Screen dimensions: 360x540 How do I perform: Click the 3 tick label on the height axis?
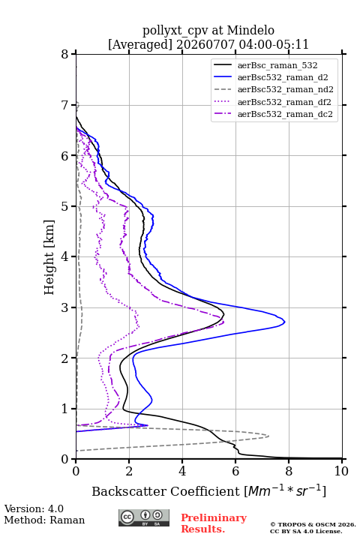pyautogui.click(x=64, y=307)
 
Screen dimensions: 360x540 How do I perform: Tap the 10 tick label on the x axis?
pyautogui.click(x=341, y=471)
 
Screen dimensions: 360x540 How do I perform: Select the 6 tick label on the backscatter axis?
pyautogui.click(x=235, y=471)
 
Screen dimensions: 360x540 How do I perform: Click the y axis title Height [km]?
pyautogui.click(x=49, y=257)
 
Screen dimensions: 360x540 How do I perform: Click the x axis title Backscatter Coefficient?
pyautogui.click(x=165, y=491)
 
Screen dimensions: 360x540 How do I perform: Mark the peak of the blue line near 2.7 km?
pyautogui.click(x=285, y=322)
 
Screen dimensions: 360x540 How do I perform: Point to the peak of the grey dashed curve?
pyautogui.click(x=268, y=436)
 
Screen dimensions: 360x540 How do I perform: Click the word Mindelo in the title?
pyautogui.click(x=250, y=30)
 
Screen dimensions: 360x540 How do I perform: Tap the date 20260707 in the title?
pyautogui.click(x=205, y=44)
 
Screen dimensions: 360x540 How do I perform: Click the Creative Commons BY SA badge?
pyautogui.click(x=144, y=518)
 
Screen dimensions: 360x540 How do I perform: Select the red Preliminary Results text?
pyautogui.click(x=214, y=523)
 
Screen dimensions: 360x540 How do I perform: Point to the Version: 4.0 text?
pyautogui.click(x=34, y=508)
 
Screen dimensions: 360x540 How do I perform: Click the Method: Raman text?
pyautogui.click(x=44, y=520)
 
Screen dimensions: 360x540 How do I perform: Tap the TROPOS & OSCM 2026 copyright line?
pyautogui.click(x=313, y=524)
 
